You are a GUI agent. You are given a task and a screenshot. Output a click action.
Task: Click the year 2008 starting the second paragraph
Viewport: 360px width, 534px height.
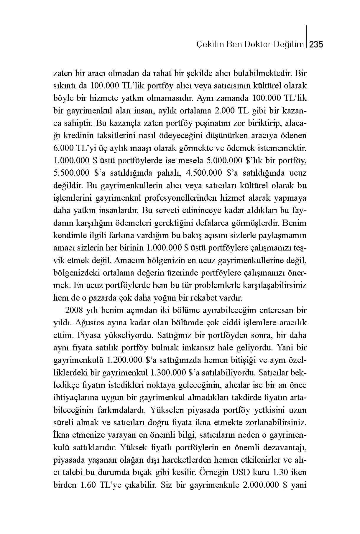coord(73,310)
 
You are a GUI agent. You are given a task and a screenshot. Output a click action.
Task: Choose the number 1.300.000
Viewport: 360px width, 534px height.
coord(167,373)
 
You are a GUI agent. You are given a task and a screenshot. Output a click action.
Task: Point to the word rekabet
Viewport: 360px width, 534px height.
coord(206,298)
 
